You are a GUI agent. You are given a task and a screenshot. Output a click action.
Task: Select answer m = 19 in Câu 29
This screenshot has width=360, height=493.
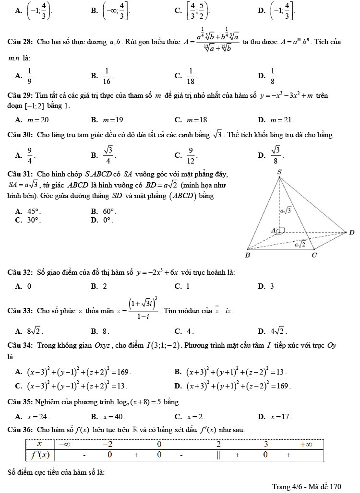pyautogui.click(x=114, y=119)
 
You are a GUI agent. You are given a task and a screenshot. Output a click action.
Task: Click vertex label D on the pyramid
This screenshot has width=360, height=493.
pyautogui.click(x=352, y=233)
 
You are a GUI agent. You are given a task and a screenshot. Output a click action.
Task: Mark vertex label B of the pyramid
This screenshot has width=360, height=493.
pyautogui.click(x=247, y=255)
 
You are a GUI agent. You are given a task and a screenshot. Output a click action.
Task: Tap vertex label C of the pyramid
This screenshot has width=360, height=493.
pyautogui.click(x=314, y=255)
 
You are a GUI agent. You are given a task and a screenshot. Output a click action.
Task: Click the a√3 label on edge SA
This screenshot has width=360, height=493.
pyautogui.click(x=286, y=209)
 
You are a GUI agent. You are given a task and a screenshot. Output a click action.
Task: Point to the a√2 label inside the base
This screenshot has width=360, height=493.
pyautogui.click(x=300, y=244)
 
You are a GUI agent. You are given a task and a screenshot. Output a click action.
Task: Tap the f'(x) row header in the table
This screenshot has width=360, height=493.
pyautogui.click(x=40, y=454)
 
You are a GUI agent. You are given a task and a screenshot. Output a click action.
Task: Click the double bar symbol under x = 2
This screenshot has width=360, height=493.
pyautogui.click(x=218, y=454)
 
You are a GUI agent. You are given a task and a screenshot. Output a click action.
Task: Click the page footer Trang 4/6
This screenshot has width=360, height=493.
pyautogui.click(x=306, y=486)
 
